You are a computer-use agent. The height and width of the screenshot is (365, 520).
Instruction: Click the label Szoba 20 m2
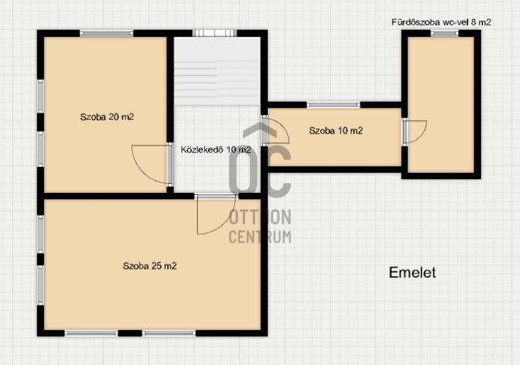[x=107, y=117]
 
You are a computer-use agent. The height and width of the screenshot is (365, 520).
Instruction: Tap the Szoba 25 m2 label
[x=149, y=266]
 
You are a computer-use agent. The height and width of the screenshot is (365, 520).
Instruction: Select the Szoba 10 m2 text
[x=335, y=131]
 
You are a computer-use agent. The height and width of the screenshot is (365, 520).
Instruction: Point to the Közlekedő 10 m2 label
[x=216, y=150]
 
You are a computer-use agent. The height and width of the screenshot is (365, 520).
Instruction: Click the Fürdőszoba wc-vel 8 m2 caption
[x=441, y=22]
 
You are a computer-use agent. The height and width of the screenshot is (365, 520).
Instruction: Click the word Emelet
[x=412, y=273]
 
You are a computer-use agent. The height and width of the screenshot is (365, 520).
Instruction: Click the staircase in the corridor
[x=217, y=71]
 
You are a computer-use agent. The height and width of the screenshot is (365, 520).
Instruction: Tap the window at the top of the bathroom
[x=445, y=33]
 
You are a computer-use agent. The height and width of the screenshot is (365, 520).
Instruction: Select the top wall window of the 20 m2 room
[x=107, y=33]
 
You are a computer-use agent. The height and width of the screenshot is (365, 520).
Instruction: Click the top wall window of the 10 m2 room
[x=333, y=105]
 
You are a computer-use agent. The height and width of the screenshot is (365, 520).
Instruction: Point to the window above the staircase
[x=214, y=33]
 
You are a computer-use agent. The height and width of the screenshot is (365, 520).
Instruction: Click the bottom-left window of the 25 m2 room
[x=91, y=333]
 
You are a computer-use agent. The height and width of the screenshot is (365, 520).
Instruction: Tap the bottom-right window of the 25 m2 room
[x=169, y=333]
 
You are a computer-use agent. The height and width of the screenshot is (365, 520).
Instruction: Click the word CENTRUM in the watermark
[x=260, y=237]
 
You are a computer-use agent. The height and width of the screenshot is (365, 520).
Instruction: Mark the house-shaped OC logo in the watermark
[x=260, y=160]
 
